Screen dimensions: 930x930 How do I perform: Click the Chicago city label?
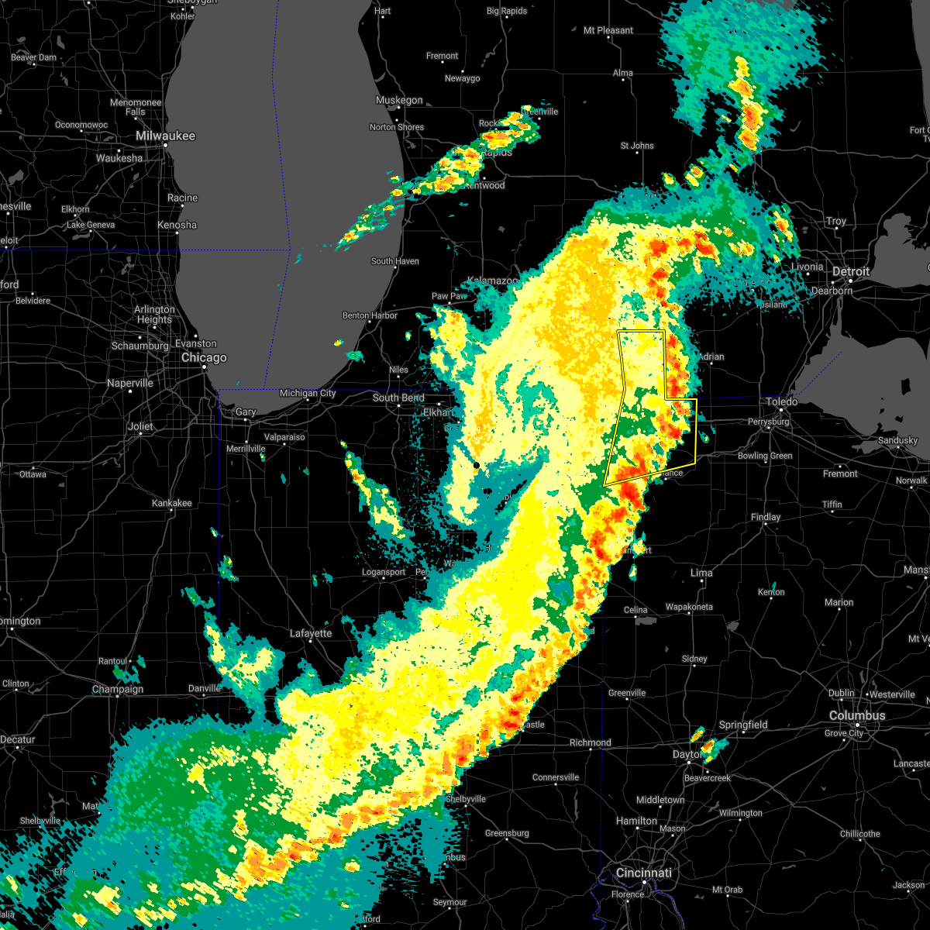tap(204, 358)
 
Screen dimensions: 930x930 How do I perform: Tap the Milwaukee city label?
tap(166, 136)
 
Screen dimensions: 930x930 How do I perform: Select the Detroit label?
tap(851, 272)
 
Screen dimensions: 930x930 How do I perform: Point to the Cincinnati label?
tap(643, 873)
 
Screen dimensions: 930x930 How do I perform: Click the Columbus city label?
tap(857, 716)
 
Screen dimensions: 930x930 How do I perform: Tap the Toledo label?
tap(782, 401)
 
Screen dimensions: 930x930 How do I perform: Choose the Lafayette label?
tap(311, 634)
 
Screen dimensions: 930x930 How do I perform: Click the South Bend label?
tap(398, 398)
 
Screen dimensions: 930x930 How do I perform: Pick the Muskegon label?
tap(399, 101)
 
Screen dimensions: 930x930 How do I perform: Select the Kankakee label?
tap(172, 503)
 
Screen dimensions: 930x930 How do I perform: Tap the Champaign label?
tap(119, 690)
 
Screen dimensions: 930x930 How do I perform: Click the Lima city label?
tap(701, 573)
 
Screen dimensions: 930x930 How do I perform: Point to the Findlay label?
tap(766, 518)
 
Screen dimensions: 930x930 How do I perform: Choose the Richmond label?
tap(591, 742)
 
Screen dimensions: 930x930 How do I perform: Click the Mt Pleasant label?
tap(608, 31)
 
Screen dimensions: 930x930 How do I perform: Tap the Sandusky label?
tap(898, 441)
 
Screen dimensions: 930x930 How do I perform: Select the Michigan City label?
tap(308, 394)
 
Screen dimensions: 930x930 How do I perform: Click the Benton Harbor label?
tap(370, 316)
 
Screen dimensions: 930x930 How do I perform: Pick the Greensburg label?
tap(507, 834)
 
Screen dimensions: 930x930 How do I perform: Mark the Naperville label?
tap(130, 384)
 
